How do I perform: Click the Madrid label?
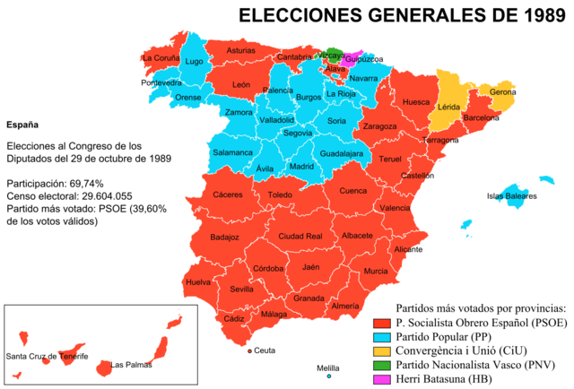[302, 167]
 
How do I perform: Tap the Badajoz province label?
[224, 238]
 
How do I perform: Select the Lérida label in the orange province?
[448, 108]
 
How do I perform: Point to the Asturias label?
[240, 51]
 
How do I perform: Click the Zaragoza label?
[379, 126]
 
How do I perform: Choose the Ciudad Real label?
[300, 236]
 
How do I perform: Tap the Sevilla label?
[241, 290]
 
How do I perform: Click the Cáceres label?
[227, 194]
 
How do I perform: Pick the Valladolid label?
[276, 119]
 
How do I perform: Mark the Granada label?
[309, 298]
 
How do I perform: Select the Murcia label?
[376, 271]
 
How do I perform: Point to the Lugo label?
[194, 62]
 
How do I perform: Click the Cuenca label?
[352, 190]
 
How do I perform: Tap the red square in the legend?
[382, 324]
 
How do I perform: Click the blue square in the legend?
[382, 338]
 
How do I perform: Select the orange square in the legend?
[382, 351]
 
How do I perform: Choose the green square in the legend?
[382, 366]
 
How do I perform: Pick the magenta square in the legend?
[382, 379]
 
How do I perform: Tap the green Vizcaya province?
[334, 54]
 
